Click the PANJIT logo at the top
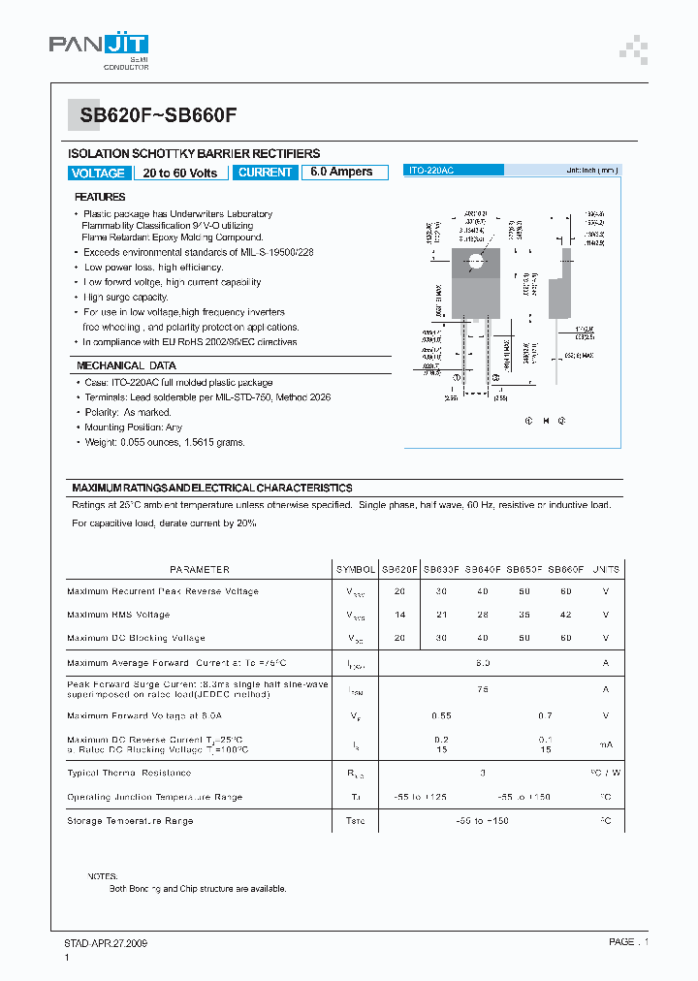click(x=99, y=48)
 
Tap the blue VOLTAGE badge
click(x=98, y=173)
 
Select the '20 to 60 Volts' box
click(x=181, y=173)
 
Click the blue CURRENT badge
click(x=265, y=173)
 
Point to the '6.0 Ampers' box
click(x=341, y=172)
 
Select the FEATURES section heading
click(x=101, y=197)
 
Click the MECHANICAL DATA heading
click(x=126, y=366)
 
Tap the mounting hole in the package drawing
click(x=476, y=259)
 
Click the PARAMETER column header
click(x=200, y=570)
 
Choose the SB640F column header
click(x=482, y=570)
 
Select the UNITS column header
click(x=606, y=570)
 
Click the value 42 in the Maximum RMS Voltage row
click(x=565, y=615)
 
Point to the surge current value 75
click(x=482, y=689)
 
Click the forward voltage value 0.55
click(x=441, y=715)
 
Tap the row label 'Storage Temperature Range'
click(x=130, y=821)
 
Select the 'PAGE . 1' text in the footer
click(x=628, y=942)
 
